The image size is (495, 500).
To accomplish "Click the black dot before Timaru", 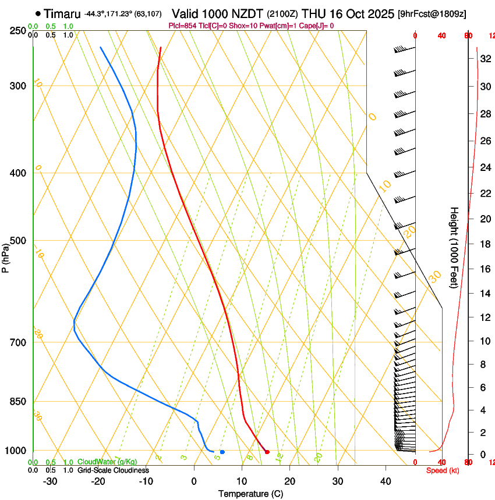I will point(38,13).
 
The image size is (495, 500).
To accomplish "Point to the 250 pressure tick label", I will point(18,30).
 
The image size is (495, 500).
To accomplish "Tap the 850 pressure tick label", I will point(18,402).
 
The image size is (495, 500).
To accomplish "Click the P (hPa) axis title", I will point(5,256).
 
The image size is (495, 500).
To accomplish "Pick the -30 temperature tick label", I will point(50,481).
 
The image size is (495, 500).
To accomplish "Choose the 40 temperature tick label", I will point(385,481).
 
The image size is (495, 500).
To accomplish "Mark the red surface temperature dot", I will point(267,452).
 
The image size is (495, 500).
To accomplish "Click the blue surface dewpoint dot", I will point(222,452).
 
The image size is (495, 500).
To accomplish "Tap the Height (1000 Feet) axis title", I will point(454,247).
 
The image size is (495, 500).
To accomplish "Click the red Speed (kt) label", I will point(443,470).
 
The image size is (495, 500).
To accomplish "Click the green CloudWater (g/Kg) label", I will point(107,462).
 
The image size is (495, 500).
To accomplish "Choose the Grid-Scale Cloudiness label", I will point(113,470).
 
